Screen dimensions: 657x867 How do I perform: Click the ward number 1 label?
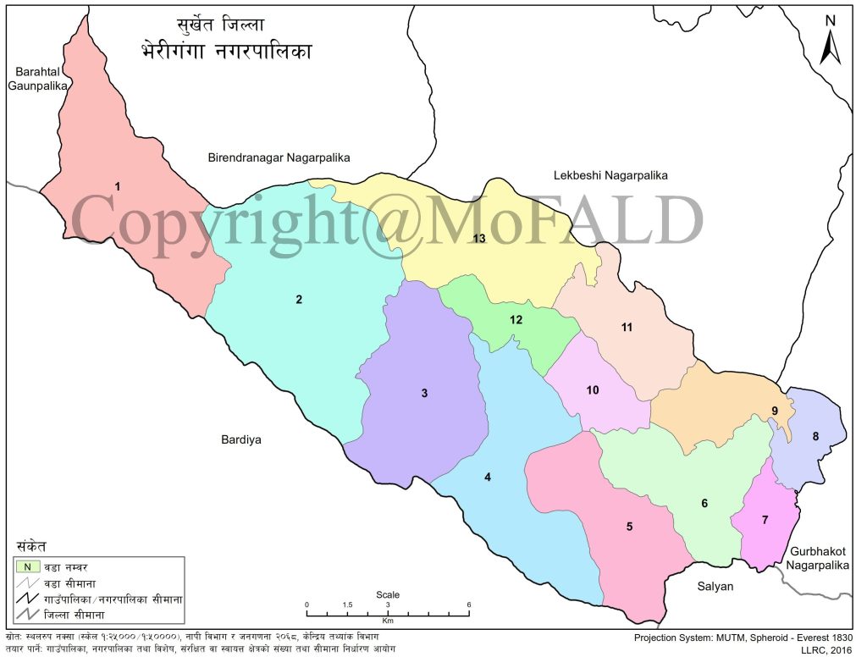point(118,185)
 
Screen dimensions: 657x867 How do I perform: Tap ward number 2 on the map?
point(298,299)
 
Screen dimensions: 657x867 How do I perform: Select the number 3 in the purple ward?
point(425,393)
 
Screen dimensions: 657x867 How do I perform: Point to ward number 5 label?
point(629,527)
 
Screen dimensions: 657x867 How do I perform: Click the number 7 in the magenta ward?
point(765,519)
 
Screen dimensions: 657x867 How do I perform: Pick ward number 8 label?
point(815,437)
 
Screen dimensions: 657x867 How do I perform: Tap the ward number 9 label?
point(774,411)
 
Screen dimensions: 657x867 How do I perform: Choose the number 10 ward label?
point(593,390)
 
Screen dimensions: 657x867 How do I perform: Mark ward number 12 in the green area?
point(516,320)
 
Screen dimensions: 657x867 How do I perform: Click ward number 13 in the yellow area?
point(478,238)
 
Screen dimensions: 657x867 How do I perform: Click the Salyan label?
point(715,586)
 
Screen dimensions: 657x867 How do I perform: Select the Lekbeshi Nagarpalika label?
point(610,175)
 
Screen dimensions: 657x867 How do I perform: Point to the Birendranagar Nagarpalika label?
point(279,157)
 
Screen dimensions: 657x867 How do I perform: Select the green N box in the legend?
point(28,566)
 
